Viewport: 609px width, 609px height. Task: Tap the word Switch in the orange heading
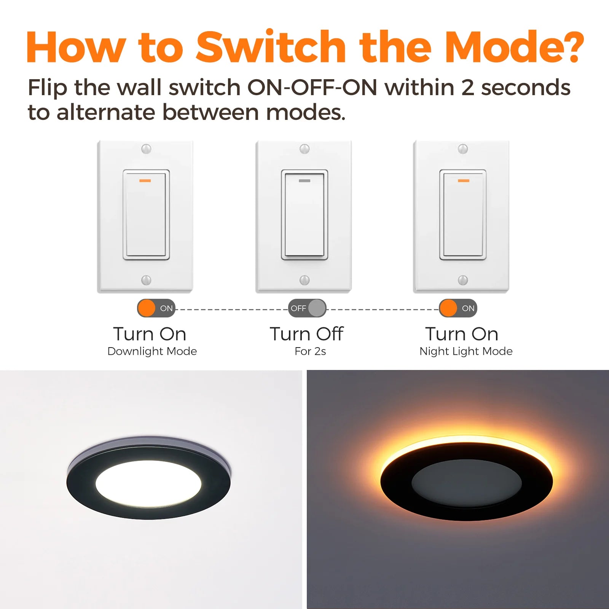pos(271,46)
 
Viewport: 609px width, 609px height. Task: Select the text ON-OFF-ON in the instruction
pos(312,88)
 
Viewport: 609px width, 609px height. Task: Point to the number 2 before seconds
pos(467,88)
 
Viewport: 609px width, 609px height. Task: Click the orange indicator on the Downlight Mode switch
pos(145,180)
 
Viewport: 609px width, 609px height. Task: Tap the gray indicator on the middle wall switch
pos(304,180)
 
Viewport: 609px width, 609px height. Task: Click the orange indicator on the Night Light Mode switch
pos(463,180)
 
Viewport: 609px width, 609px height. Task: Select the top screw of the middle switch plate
pos(304,149)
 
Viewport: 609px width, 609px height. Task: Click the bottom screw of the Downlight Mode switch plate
pos(146,280)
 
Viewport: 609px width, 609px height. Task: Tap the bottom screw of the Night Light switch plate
pos(463,280)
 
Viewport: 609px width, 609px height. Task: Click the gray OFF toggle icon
pos(307,308)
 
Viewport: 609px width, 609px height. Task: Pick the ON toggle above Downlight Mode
pos(156,308)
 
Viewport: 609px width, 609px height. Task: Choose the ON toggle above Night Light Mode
pos(458,308)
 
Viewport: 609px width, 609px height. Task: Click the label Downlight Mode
pos(152,351)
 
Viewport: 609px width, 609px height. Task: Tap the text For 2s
pos(310,351)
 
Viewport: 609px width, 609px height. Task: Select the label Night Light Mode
pos(466,351)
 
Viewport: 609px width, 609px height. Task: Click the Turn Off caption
pos(307,334)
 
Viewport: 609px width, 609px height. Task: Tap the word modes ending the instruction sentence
pos(306,113)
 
